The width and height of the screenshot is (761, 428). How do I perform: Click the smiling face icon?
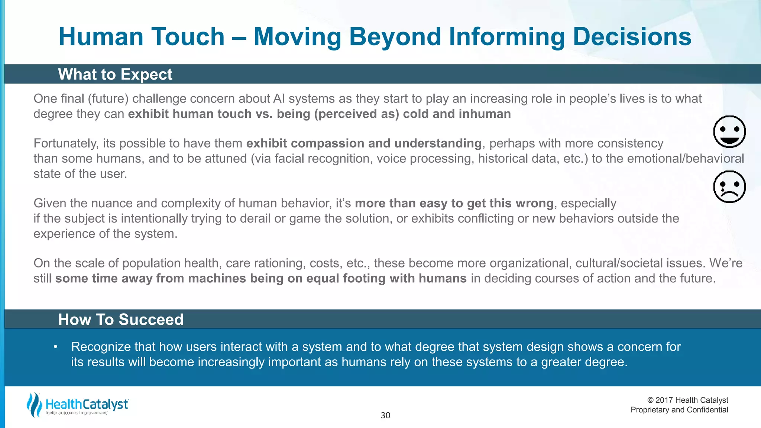click(729, 132)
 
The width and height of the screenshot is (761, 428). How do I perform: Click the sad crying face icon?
click(729, 187)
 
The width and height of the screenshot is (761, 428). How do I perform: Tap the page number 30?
click(385, 415)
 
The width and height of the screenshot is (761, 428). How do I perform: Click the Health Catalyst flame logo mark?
click(34, 405)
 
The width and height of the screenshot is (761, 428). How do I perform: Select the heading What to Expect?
click(115, 74)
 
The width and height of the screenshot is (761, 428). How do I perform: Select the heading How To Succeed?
click(121, 320)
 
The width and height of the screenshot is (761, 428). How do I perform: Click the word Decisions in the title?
click(632, 37)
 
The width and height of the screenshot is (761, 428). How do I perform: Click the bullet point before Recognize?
click(55, 347)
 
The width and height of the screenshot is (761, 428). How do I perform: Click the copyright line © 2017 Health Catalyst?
click(687, 400)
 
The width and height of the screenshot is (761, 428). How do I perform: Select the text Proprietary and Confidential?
click(679, 410)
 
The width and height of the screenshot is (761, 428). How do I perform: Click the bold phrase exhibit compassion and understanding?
click(364, 143)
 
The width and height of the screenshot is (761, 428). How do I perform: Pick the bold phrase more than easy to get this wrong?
click(454, 203)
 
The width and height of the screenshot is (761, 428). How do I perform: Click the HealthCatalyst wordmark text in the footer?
click(87, 404)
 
